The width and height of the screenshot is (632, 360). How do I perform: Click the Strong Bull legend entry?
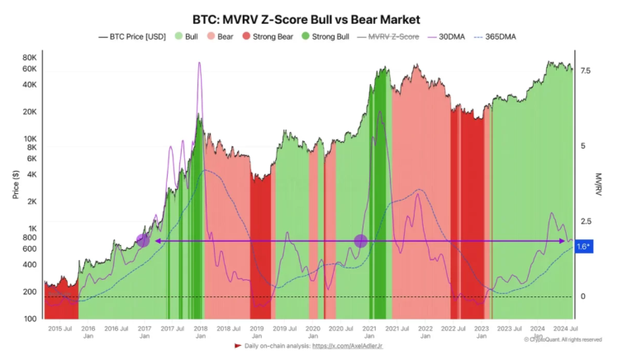333,37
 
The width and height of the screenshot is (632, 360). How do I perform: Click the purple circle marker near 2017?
143,240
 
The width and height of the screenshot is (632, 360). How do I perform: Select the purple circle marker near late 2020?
360,241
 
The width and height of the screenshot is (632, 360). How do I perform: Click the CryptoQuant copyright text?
562,339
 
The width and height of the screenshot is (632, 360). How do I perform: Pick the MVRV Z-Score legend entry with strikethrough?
393,37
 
